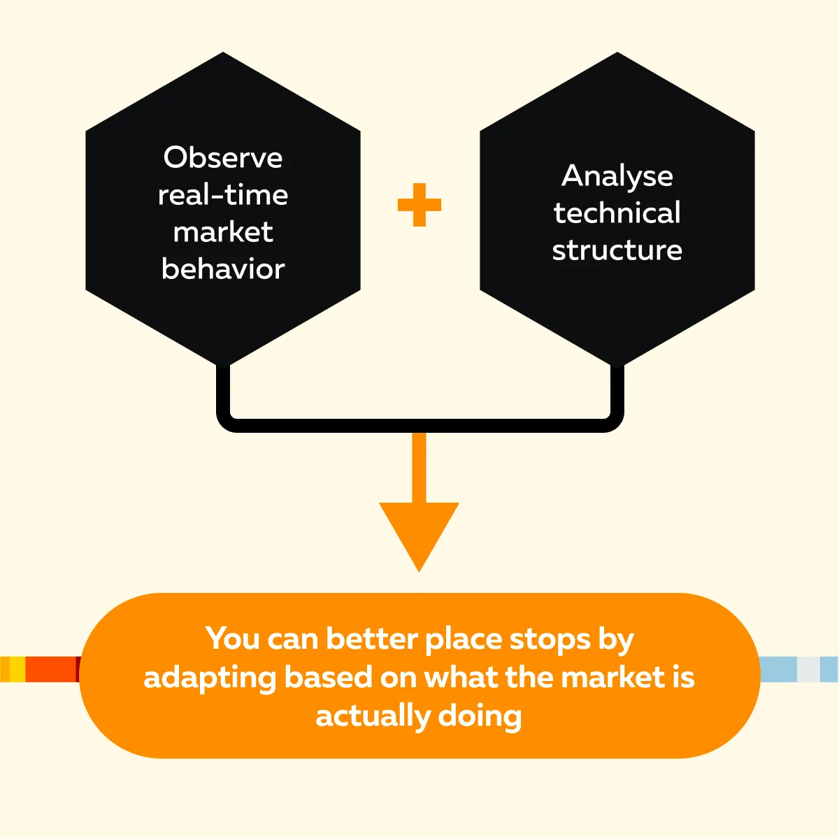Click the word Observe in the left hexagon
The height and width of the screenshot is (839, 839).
223,157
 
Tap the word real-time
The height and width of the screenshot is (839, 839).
223,194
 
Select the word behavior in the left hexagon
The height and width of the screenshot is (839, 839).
223,268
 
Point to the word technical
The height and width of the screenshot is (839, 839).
617,213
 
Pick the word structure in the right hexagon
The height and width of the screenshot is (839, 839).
617,250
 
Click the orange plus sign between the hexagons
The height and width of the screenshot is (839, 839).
419,205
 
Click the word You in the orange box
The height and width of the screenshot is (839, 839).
233,639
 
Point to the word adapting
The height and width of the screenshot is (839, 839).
210,679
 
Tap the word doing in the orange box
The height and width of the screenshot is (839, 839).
480,717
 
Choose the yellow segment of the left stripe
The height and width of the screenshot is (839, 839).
17,669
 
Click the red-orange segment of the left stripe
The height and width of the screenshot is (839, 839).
50,669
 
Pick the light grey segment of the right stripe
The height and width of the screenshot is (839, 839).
808,669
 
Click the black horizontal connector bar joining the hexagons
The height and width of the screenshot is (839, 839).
419,425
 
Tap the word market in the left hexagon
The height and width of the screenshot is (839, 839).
223,231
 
